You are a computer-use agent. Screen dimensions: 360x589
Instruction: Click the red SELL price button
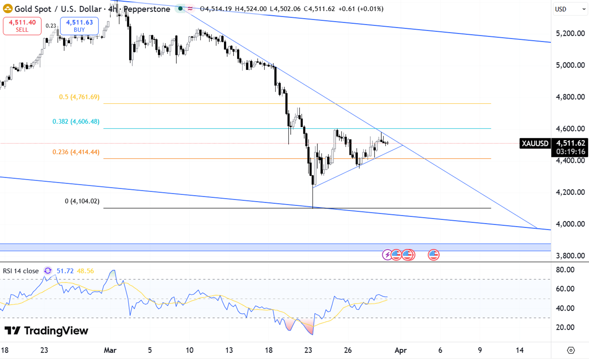click(x=22, y=26)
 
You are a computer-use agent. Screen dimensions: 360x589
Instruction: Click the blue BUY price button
click(x=79, y=26)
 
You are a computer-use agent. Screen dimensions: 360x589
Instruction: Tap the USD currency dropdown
click(x=570, y=9)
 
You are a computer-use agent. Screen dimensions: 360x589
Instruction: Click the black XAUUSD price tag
click(x=535, y=143)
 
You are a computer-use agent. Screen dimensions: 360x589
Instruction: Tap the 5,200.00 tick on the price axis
click(x=570, y=33)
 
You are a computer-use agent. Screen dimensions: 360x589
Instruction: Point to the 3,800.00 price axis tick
click(x=570, y=255)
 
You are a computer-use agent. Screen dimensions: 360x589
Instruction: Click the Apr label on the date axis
click(x=400, y=350)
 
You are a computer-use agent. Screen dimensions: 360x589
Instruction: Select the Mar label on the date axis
click(x=110, y=350)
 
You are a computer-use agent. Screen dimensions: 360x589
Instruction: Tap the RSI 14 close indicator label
click(x=21, y=271)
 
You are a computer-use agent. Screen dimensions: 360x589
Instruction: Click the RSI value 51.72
click(x=65, y=271)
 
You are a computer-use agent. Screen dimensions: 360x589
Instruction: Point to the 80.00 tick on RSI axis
click(x=565, y=270)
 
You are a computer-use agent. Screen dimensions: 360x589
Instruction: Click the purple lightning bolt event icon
click(x=387, y=255)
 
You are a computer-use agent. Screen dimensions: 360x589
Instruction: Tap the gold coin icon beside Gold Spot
click(x=8, y=8)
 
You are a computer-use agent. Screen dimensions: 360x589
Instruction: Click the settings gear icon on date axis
click(x=571, y=350)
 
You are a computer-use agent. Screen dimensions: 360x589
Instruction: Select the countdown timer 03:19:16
click(x=570, y=152)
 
